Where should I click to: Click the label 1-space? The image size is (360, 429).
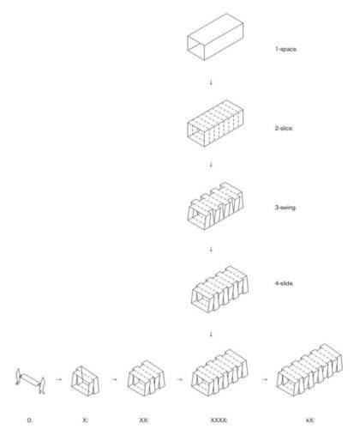coord(286,49)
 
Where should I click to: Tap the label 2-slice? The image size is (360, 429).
coord(285,129)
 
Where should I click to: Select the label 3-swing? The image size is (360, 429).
coord(285,208)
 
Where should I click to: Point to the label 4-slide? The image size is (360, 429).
coord(285,283)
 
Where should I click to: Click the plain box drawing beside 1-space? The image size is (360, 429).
coord(215,37)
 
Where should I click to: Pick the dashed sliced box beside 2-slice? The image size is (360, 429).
coord(215,123)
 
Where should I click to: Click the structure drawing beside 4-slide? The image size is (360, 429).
coord(219,289)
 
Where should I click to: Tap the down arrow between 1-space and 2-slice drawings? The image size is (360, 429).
coord(211,82)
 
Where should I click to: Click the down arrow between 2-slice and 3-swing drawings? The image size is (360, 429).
coord(211,165)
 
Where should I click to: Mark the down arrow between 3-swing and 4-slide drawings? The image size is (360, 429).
coord(211,249)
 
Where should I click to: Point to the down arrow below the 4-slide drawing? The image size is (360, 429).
coord(211,334)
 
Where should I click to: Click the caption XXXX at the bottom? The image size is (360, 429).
coord(219,420)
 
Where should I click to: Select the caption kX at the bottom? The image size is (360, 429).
coord(310,420)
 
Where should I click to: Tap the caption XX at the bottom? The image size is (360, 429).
coord(144,420)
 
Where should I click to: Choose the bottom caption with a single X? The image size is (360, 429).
coord(85,420)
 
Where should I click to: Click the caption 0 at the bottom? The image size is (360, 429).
coord(30,420)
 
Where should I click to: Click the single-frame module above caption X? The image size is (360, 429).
coord(86,381)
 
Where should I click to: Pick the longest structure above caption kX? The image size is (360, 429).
coord(309,370)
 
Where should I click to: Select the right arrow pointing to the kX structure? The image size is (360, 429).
coord(265,379)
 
